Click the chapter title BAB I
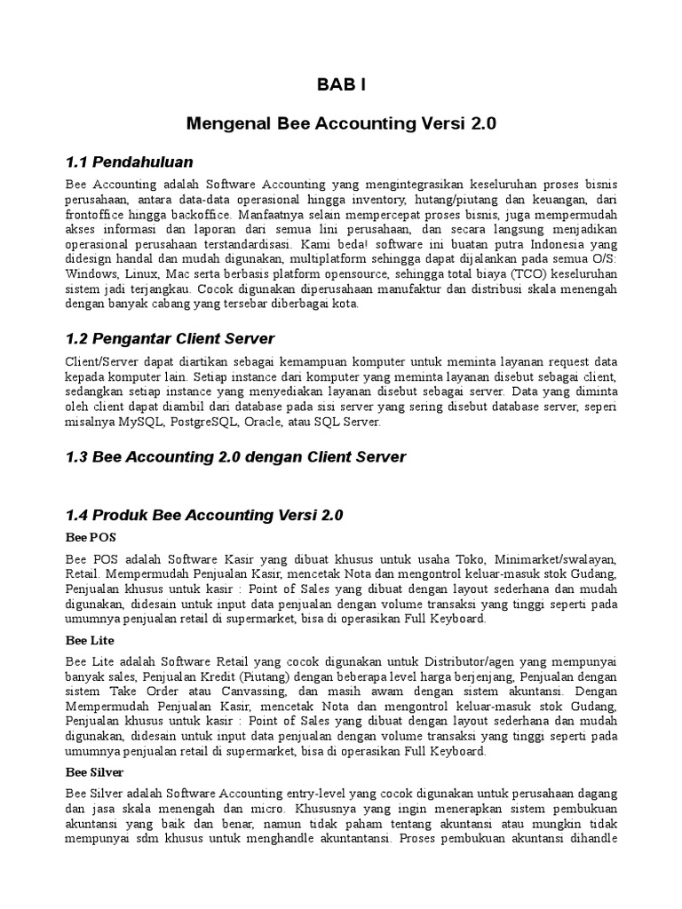click(x=341, y=85)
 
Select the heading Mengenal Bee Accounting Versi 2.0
click(x=341, y=125)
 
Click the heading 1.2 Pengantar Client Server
click(x=170, y=338)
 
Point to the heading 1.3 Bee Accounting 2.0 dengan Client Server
click(x=236, y=457)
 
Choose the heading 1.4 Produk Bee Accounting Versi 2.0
click(x=204, y=515)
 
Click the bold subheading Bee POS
click(x=91, y=538)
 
